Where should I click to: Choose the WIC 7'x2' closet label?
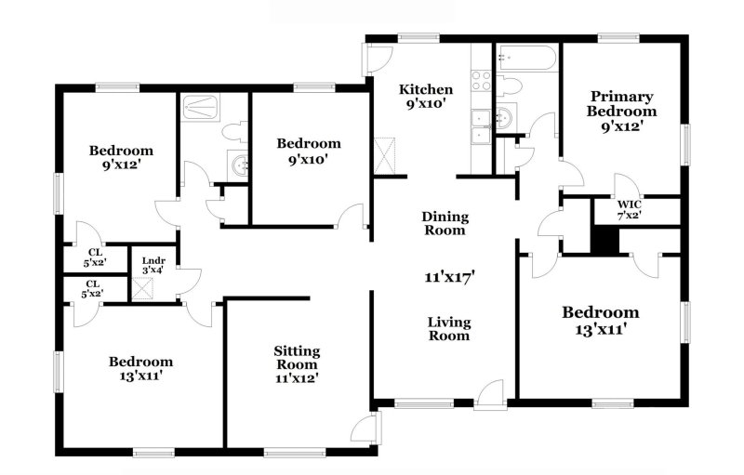(x=630, y=209)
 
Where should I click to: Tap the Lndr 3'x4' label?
(x=152, y=266)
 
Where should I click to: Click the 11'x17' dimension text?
(x=450, y=276)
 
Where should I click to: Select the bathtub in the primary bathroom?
(x=526, y=59)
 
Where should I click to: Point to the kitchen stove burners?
(x=481, y=81)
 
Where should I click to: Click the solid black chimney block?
(x=605, y=239)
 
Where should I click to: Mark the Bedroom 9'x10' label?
(x=309, y=151)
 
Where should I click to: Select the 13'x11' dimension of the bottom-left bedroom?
(x=140, y=377)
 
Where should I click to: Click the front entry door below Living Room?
(x=490, y=394)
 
